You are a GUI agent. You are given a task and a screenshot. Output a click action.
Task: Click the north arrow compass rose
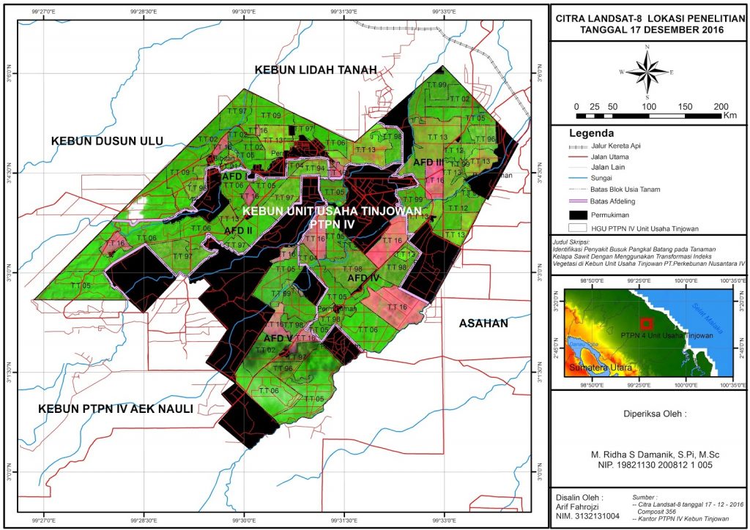click(647, 72)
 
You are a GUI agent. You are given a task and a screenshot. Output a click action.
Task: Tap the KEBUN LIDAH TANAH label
click(316, 70)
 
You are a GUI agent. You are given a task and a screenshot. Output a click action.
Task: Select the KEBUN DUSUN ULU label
click(107, 141)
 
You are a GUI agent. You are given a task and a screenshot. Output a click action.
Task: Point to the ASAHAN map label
click(483, 323)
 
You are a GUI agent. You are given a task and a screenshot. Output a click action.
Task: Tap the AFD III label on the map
click(428, 162)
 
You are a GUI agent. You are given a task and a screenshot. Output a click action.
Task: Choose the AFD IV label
click(363, 278)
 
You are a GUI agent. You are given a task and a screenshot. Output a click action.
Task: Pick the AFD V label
click(278, 339)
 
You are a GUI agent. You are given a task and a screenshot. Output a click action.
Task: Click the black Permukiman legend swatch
click(579, 215)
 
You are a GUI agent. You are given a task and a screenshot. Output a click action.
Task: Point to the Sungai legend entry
click(601, 178)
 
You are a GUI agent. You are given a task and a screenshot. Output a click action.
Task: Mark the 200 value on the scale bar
click(720, 105)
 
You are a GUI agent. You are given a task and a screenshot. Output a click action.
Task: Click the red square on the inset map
click(646, 324)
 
